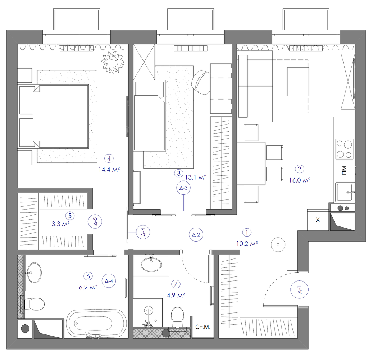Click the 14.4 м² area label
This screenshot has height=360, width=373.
point(109,170)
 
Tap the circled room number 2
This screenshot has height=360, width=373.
point(300,169)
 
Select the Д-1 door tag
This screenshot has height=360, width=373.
point(300,290)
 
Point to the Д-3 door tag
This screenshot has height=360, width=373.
point(183,188)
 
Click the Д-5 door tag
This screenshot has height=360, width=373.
point(95,222)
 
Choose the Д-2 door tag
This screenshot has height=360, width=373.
point(196,235)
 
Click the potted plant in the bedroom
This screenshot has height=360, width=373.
point(113,62)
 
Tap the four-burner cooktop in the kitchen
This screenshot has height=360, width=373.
point(344,149)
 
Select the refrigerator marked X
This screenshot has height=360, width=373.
point(318,220)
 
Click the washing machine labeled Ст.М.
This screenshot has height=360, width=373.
point(203,327)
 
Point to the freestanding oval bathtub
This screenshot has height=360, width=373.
point(96,324)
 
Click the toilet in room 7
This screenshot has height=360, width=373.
point(177,317)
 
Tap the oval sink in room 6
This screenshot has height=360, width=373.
point(34,273)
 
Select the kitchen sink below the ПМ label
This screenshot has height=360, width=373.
point(345,192)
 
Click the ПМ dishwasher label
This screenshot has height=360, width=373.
point(344,171)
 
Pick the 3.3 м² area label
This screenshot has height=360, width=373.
point(61,224)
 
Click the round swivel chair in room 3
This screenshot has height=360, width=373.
point(201,82)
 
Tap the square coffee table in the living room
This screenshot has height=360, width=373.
point(298,82)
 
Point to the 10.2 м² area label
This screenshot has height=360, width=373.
point(247,244)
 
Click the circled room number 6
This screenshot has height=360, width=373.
point(88,276)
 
